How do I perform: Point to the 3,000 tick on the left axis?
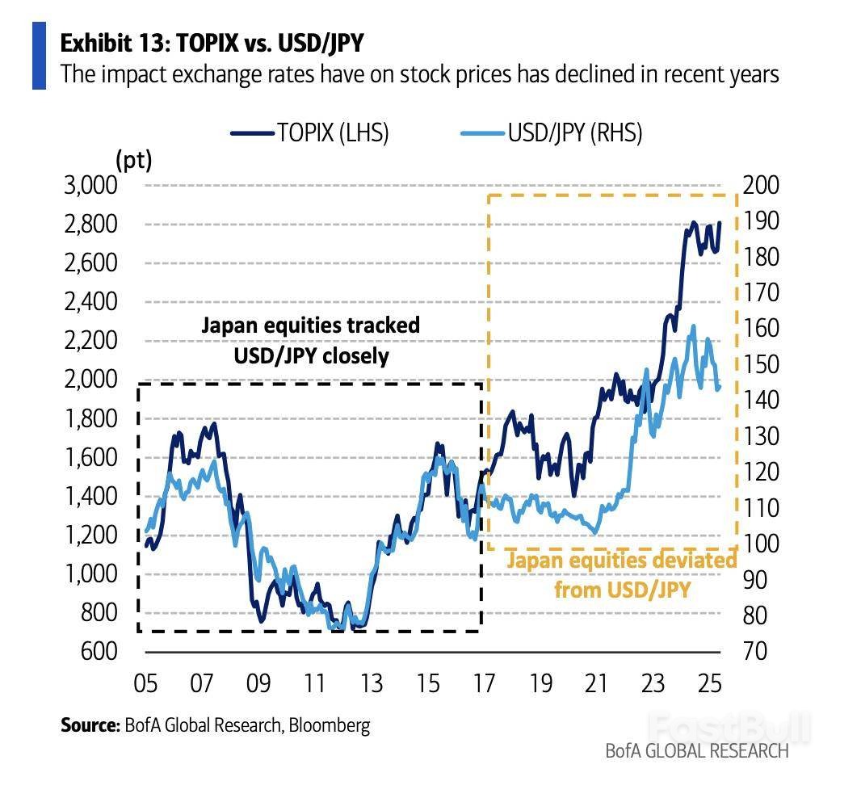pyautogui.click(x=90, y=186)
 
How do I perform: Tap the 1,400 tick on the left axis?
pyautogui.click(x=90, y=497)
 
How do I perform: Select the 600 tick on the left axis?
pyautogui.click(x=99, y=651)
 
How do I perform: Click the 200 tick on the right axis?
pyautogui.click(x=760, y=186)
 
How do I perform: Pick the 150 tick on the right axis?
pyautogui.click(x=760, y=365)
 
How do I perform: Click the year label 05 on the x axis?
pyautogui.click(x=145, y=685)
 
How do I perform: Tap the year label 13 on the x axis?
pyautogui.click(x=371, y=685)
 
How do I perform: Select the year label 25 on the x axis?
pyautogui.click(x=709, y=685)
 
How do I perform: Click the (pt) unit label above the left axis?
pyautogui.click(x=134, y=161)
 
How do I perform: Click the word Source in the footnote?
pyautogui.click(x=89, y=725)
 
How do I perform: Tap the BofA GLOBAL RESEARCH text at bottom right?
pyautogui.click(x=697, y=751)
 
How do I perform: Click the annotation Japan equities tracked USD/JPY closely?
pyautogui.click(x=310, y=340)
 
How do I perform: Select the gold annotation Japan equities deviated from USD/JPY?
pyautogui.click(x=622, y=574)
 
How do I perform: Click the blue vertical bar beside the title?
pyautogui.click(x=39, y=56)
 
